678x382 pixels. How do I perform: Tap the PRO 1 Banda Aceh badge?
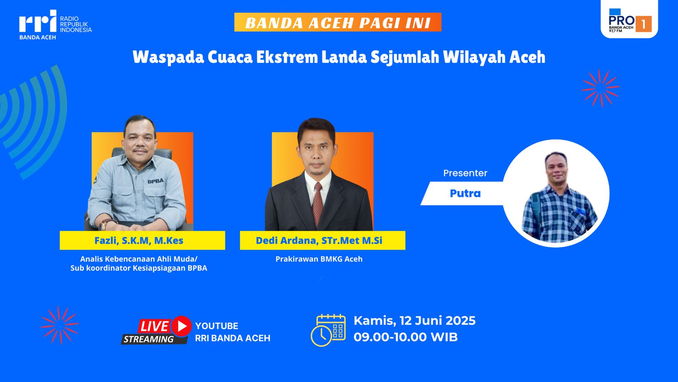[x=629, y=19]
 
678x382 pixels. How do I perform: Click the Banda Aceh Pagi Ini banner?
[x=338, y=22]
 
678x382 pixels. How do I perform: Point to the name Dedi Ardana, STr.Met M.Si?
[x=319, y=240]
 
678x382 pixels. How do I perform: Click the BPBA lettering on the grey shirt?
[x=156, y=181]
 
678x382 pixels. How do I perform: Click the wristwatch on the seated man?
[x=104, y=225]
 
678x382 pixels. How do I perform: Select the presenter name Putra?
[x=465, y=194]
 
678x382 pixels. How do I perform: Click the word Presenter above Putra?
[x=465, y=173]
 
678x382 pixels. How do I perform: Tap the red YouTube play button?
[x=181, y=326]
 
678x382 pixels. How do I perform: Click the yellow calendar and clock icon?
[x=328, y=330]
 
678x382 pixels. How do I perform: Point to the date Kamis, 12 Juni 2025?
[x=415, y=321]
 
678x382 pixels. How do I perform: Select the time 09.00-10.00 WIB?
[x=406, y=337]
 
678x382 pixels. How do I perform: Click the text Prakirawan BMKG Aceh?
[x=319, y=259]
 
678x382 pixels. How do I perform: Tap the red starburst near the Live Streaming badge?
[x=60, y=325]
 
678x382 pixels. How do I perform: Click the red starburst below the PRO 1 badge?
[x=600, y=88]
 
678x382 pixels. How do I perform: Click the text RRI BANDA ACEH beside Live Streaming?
[x=233, y=338]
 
